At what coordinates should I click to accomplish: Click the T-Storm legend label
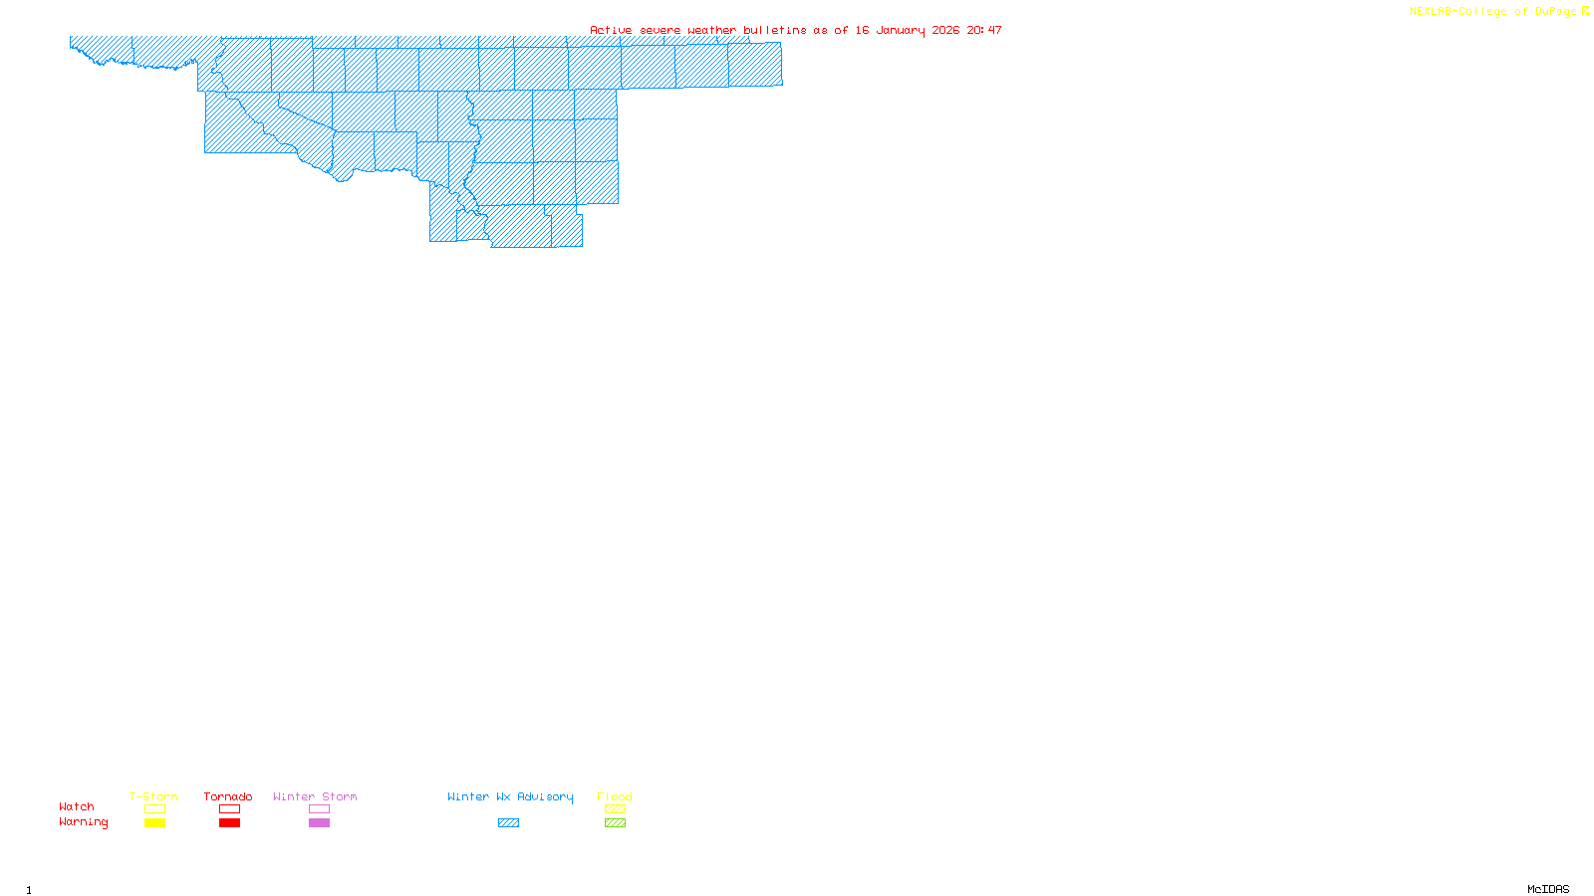153,796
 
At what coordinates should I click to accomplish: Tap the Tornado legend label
228,796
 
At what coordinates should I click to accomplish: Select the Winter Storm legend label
315,796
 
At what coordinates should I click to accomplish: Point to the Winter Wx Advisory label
510,796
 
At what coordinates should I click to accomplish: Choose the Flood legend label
615,796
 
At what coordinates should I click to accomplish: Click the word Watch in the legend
77,806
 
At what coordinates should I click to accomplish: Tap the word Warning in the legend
84,822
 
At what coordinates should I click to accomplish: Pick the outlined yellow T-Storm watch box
154,809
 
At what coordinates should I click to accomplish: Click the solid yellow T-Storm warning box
154,823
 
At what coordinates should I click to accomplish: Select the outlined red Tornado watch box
229,809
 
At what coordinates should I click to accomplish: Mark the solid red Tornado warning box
229,823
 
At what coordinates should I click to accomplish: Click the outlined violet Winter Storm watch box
319,809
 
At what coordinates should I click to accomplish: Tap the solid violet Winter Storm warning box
319,823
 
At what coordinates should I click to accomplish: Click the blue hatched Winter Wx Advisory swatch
508,823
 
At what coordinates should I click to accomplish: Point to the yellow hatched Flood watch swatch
615,809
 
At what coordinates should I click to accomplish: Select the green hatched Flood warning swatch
615,823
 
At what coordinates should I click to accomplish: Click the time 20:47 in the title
984,30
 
